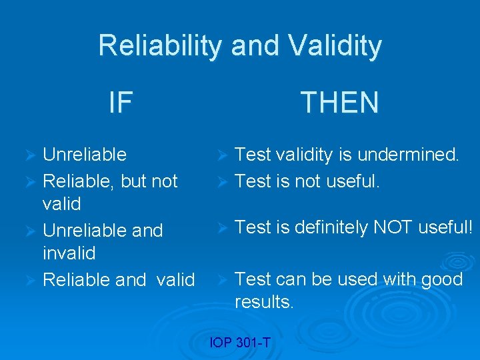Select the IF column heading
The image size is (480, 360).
(x=121, y=103)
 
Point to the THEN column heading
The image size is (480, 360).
(x=339, y=103)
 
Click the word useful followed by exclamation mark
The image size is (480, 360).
(x=445, y=227)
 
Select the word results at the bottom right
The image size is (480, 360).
(x=263, y=302)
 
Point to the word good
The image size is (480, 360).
(x=441, y=279)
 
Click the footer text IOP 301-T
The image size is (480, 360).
(x=239, y=343)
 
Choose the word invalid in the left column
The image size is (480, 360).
(x=69, y=253)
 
